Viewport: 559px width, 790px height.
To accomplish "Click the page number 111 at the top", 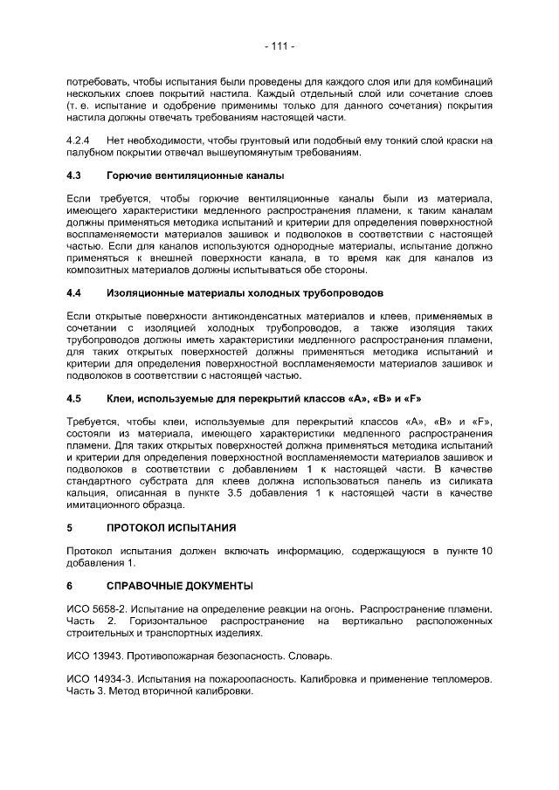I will (x=279, y=45).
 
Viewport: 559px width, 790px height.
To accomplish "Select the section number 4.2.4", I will (x=79, y=140).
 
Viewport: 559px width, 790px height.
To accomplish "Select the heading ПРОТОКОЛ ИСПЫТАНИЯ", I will (x=171, y=528).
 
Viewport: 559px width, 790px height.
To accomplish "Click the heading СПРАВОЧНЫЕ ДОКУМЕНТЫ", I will (x=180, y=583).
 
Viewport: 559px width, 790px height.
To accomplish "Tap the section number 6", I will (x=70, y=583).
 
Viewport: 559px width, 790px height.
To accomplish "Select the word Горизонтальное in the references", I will (x=167, y=620).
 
